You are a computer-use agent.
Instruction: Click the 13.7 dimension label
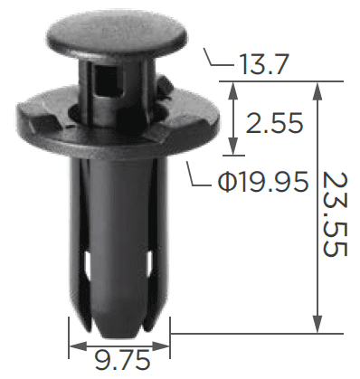pyautogui.click(x=264, y=64)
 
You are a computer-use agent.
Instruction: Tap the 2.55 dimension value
pyautogui.click(x=274, y=123)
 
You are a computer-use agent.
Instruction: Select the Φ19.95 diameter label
pyautogui.click(x=263, y=182)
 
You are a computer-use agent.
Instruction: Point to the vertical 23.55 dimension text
pyautogui.click(x=335, y=214)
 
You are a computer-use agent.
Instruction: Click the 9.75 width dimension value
pyautogui.click(x=122, y=360)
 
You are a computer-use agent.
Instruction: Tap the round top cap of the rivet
pyautogui.click(x=117, y=34)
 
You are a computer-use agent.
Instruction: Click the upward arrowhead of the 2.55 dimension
pyautogui.click(x=232, y=90)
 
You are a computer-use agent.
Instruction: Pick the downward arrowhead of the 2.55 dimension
pyautogui.click(x=232, y=147)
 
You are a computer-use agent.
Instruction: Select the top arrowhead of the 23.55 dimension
pyautogui.click(x=317, y=90)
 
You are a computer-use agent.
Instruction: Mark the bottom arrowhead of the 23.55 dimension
pyautogui.click(x=317, y=325)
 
